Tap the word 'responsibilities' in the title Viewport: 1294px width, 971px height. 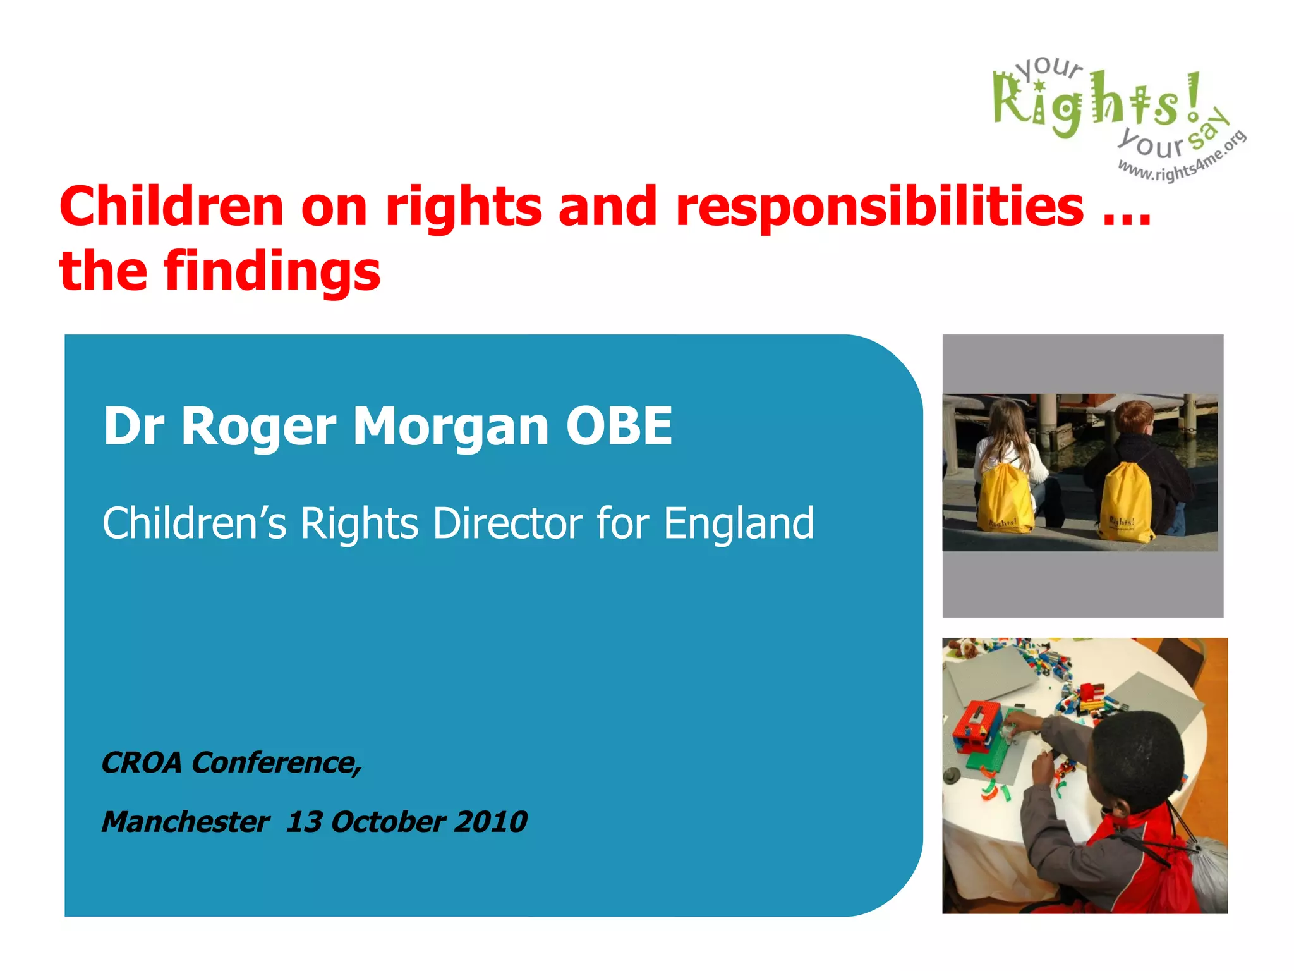coord(880,207)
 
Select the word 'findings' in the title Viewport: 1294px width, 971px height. coord(272,272)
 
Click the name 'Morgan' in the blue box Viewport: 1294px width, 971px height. coord(450,426)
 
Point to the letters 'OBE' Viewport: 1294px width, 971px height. coord(619,426)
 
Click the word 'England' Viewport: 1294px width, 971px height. coord(739,523)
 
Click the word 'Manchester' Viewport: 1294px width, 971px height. coord(185,822)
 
